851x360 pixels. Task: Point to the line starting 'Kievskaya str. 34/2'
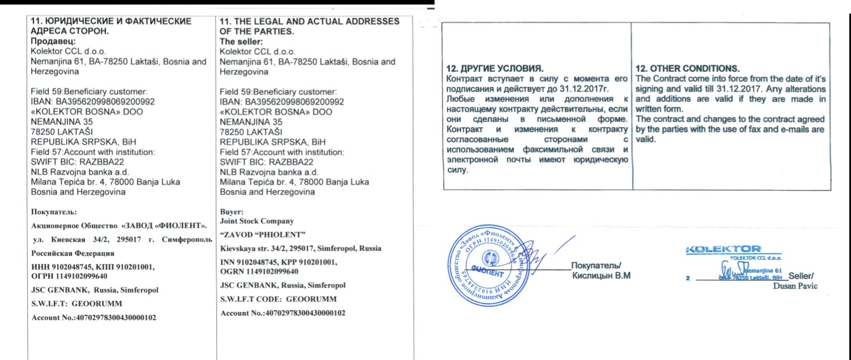pos(300,249)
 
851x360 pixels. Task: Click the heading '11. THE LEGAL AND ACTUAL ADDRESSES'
pos(308,21)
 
